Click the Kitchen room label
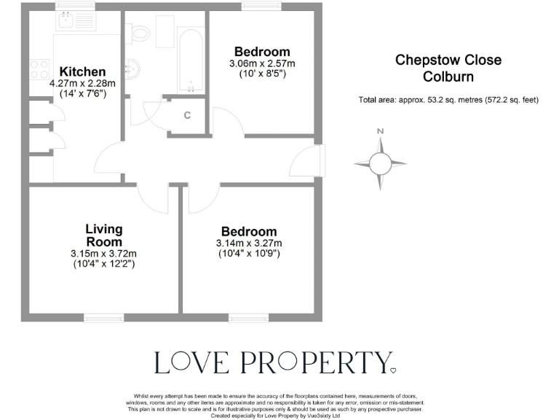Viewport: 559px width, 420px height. [82, 71]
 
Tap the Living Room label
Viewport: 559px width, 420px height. [103, 236]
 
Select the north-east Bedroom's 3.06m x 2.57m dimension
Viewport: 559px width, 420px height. [261, 63]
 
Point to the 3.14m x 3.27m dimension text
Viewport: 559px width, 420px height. [249, 243]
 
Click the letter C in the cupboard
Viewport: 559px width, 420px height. [187, 115]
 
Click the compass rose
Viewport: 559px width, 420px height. [380, 163]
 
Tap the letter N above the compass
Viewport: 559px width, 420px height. [380, 131]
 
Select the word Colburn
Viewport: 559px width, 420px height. [448, 77]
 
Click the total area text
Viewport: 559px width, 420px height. [448, 100]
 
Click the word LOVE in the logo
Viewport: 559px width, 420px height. [192, 362]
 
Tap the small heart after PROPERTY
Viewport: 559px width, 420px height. [394, 370]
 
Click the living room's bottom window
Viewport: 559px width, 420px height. [103, 318]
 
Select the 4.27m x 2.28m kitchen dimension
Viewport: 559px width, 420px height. [82, 83]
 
